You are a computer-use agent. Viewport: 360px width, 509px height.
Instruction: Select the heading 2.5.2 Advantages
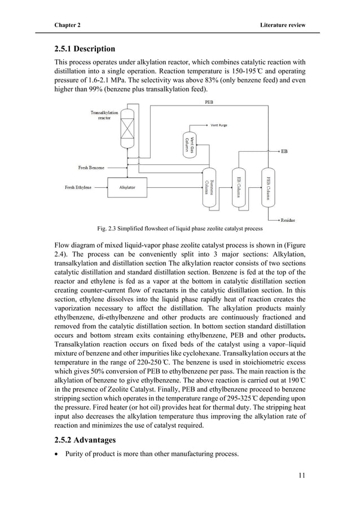(85, 439)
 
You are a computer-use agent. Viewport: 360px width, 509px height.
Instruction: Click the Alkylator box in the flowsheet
(128, 187)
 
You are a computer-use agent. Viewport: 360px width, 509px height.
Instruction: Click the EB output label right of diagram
(284, 151)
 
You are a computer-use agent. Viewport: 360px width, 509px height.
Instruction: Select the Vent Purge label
(219, 125)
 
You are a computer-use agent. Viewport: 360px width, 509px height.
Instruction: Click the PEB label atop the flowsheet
(208, 102)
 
